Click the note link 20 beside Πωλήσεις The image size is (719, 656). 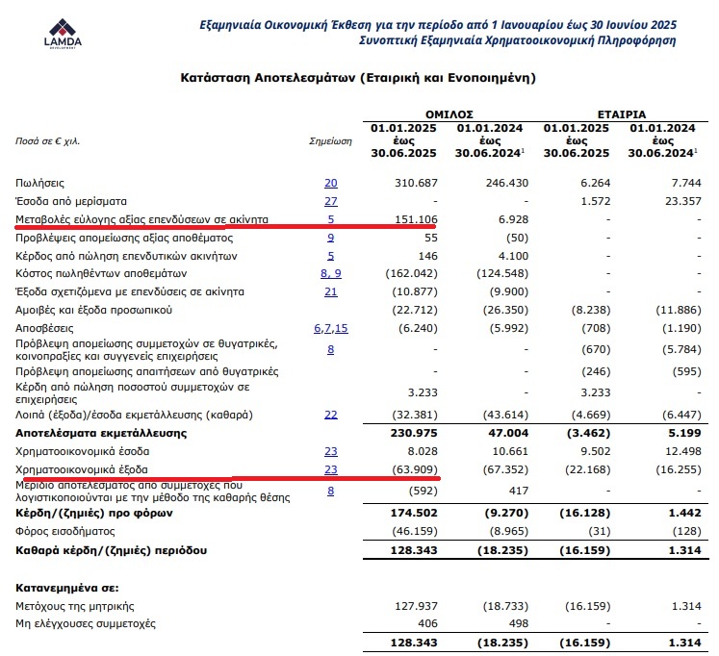[331, 183]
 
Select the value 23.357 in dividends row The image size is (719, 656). [676, 201]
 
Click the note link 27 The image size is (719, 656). [331, 201]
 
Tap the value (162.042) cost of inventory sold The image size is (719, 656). [414, 274]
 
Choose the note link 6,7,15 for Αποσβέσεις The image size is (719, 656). [330, 329]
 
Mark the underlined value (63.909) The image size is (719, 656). [415, 470]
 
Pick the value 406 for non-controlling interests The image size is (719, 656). [427, 623]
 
